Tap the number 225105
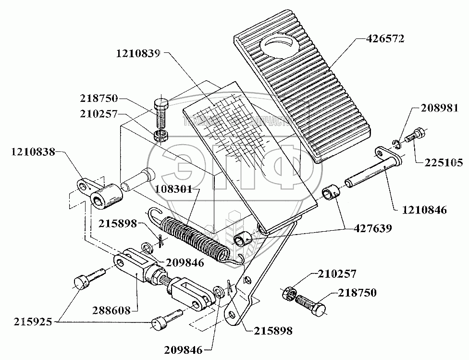tap(443, 163)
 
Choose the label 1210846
tap(425, 210)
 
